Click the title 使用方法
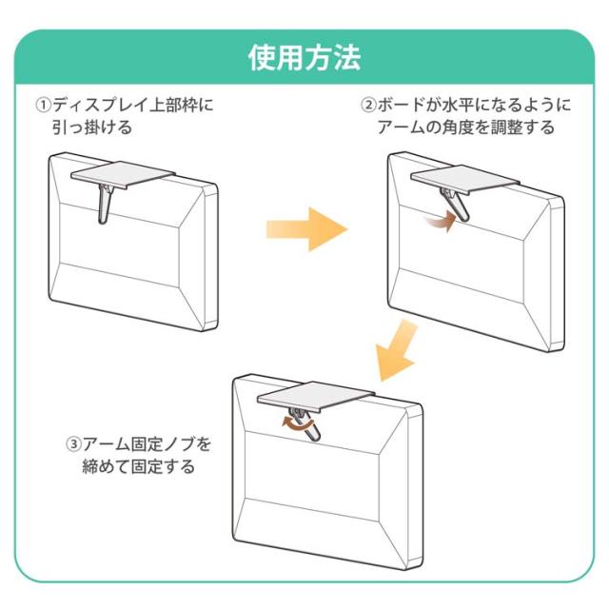click(x=304, y=58)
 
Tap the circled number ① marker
click(x=44, y=105)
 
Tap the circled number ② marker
click(x=368, y=105)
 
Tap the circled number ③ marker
click(x=74, y=443)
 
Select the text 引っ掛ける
click(x=92, y=127)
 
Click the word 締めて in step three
click(x=106, y=466)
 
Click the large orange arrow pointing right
click(x=306, y=229)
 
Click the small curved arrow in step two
click(x=440, y=222)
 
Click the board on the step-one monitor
click(x=123, y=174)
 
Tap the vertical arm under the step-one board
click(x=104, y=205)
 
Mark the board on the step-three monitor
click(x=316, y=397)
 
